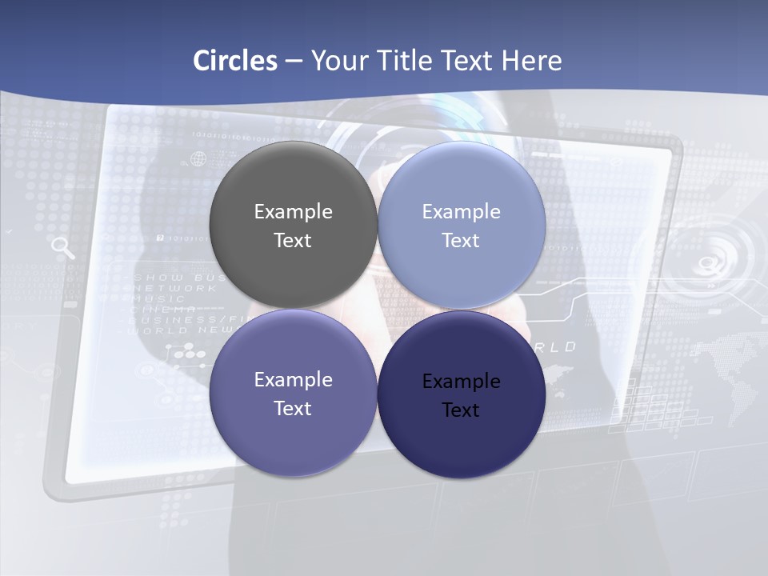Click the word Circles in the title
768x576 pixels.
(x=235, y=61)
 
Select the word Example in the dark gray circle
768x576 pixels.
(x=293, y=212)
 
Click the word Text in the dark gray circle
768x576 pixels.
(x=293, y=241)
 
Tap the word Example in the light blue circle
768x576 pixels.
(x=461, y=212)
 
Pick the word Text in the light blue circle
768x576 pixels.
(x=461, y=241)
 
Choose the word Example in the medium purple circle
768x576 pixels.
(x=293, y=380)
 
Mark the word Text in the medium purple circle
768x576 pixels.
(x=293, y=409)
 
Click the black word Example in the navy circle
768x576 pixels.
(x=461, y=382)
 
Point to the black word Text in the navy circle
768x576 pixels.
(x=461, y=410)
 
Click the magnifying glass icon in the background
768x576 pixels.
(x=62, y=248)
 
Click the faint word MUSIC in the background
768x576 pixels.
(x=153, y=298)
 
